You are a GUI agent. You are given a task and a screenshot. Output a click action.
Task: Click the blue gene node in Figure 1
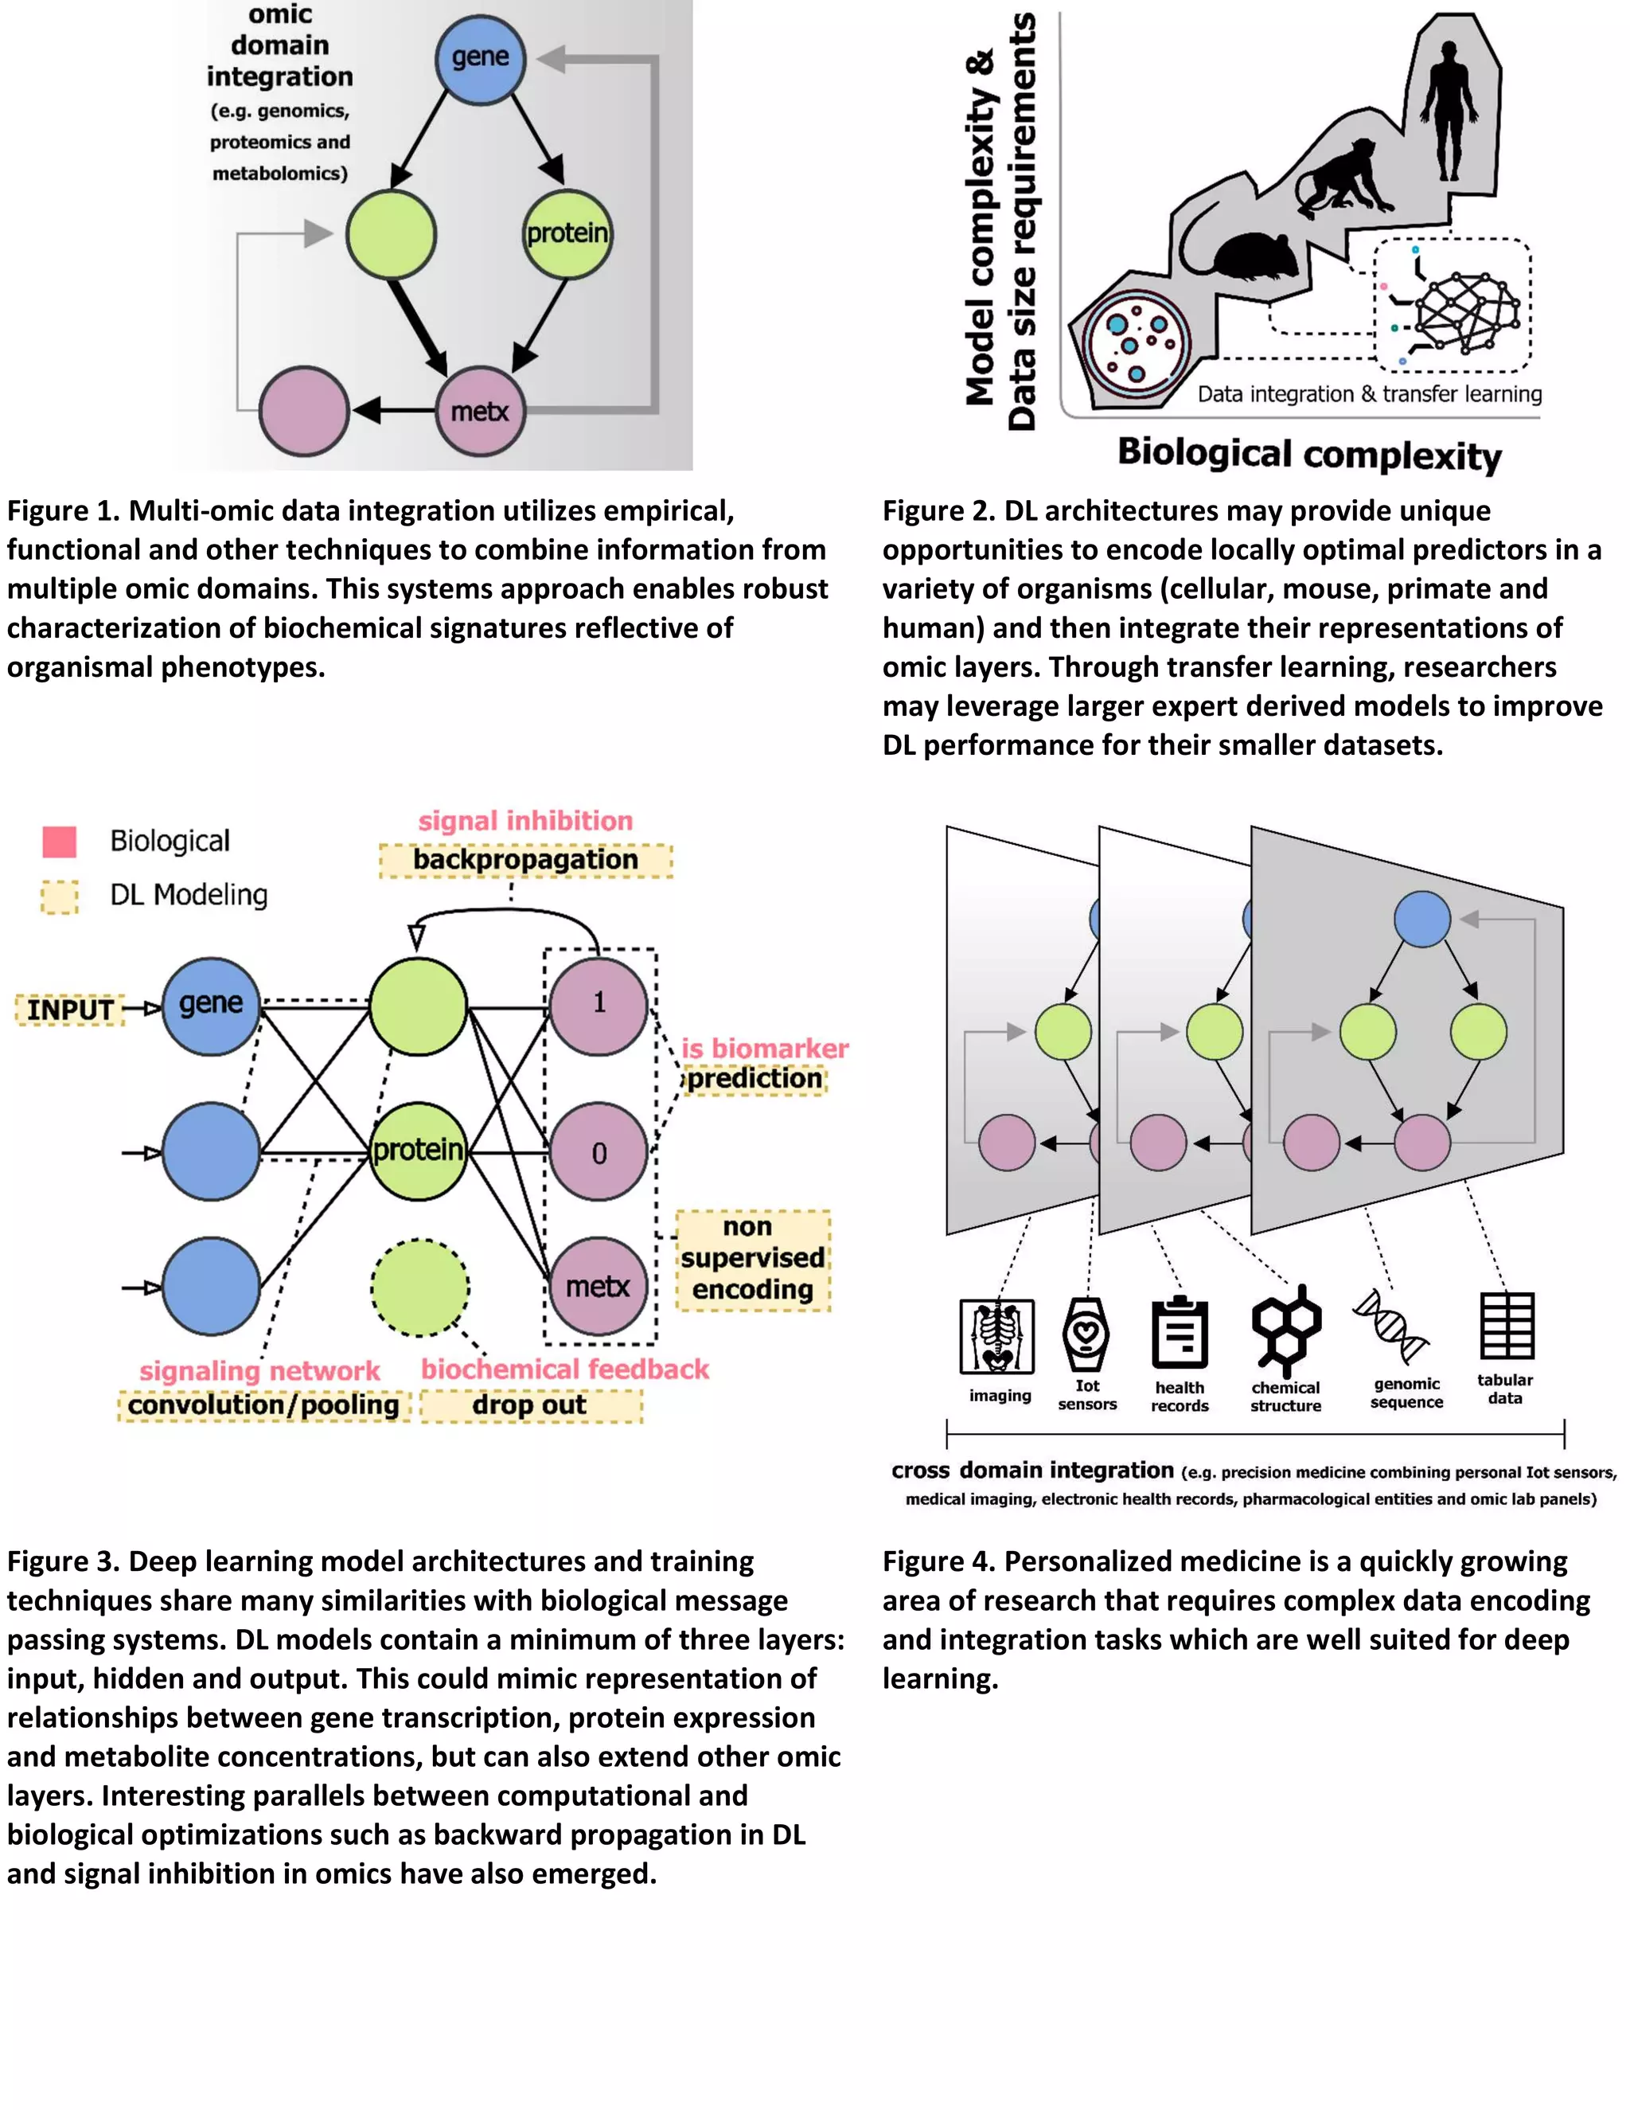(480, 58)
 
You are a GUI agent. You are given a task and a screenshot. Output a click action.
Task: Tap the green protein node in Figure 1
(567, 234)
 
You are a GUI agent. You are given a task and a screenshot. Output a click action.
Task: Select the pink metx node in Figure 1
(480, 412)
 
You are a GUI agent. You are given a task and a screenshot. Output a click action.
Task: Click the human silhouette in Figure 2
(1449, 111)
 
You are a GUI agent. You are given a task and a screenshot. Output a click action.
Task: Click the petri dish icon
(1136, 344)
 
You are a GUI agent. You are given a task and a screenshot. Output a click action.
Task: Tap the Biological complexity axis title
(1308, 454)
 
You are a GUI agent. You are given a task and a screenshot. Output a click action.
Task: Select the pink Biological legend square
(60, 842)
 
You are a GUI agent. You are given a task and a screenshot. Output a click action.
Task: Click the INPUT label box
(69, 1010)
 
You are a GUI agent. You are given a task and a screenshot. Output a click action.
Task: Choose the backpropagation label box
(525, 860)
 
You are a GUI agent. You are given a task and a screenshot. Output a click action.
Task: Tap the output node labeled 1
(599, 1005)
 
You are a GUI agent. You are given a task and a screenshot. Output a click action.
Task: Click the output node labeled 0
(599, 1151)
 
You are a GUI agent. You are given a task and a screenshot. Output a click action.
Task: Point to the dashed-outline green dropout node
(420, 1287)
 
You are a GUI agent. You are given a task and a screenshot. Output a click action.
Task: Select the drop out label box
(530, 1405)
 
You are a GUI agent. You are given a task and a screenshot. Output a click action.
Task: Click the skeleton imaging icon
(996, 1336)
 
